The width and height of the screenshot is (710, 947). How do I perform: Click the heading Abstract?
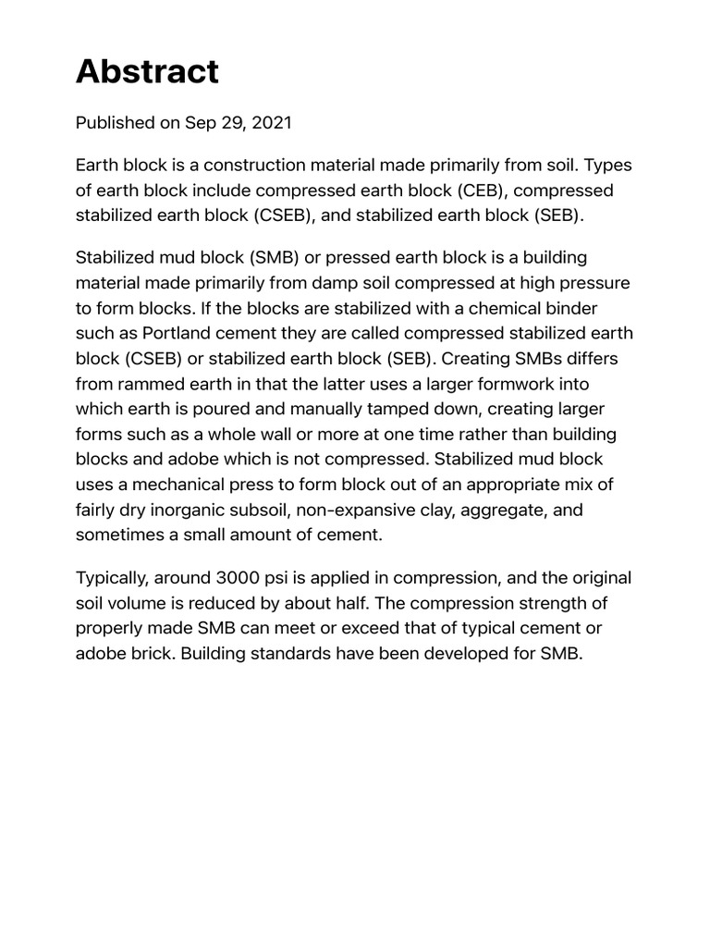pos(147,71)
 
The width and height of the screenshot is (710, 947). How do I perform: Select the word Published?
pos(115,122)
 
